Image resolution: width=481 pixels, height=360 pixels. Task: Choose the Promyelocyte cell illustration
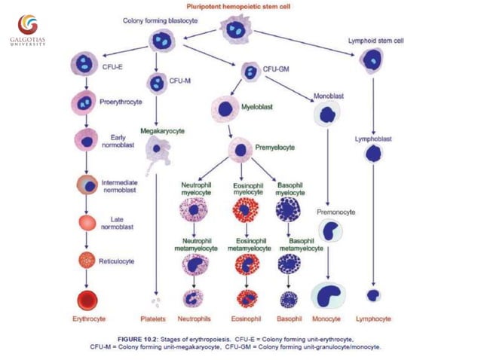pos(240,149)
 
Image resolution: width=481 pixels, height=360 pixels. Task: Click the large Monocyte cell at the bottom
pos(328,294)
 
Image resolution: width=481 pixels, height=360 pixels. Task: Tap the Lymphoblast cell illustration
pos(373,154)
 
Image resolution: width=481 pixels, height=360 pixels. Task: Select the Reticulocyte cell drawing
pos(87,260)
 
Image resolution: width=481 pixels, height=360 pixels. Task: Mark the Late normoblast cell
pos(87,223)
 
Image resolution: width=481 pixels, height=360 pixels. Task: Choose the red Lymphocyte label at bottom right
pos(373,319)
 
